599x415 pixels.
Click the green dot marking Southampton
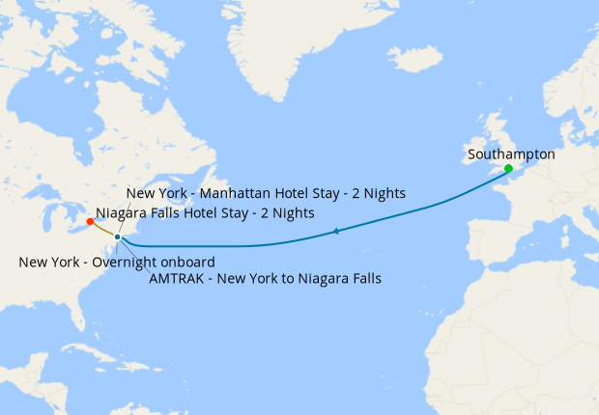coord(508,169)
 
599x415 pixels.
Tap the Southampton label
coord(510,153)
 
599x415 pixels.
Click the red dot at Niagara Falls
coord(90,222)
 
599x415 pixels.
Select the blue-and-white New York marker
coord(117,236)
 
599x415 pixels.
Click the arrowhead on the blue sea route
coord(334,231)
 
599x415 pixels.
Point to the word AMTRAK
coord(179,280)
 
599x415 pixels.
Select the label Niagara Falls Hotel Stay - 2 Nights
coord(205,212)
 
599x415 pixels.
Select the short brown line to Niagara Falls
coord(103,230)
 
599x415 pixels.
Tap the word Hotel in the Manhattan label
coord(291,194)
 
